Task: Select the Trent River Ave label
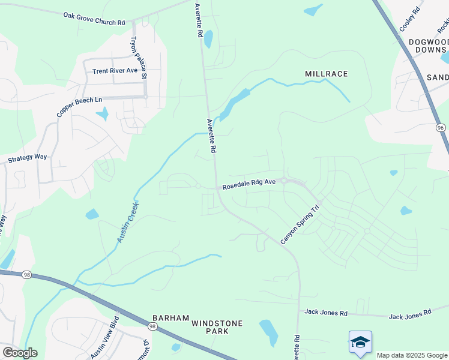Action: (115, 71)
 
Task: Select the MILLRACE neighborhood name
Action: (326, 74)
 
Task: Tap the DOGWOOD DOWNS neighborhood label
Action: (429, 46)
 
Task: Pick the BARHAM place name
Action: (170, 318)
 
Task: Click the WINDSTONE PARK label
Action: (217, 327)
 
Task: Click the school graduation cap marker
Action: (360, 341)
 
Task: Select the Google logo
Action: (20, 353)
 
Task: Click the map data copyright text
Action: (412, 355)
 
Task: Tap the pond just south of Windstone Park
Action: (268, 332)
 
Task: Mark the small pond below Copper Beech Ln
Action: (103, 113)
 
